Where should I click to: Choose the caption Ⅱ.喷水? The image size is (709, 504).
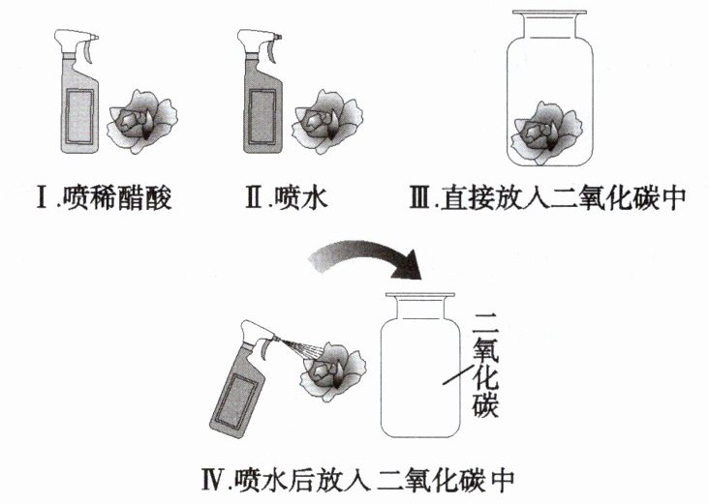click(x=288, y=201)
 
